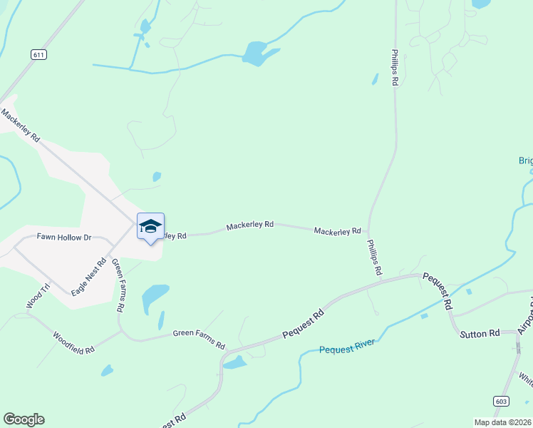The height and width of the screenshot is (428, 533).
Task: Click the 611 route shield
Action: click(x=38, y=54)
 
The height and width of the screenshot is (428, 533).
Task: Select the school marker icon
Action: click(x=150, y=227)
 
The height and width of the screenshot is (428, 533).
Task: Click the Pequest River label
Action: click(x=347, y=347)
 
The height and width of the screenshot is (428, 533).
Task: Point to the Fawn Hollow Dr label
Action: click(x=64, y=237)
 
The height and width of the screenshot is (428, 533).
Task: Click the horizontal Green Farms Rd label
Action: click(x=199, y=333)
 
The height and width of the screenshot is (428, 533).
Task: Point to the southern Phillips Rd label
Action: click(x=374, y=258)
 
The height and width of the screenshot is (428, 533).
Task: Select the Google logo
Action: click(x=24, y=419)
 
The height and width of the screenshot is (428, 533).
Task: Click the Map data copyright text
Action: click(x=502, y=422)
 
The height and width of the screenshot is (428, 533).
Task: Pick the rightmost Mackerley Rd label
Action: click(x=337, y=231)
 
